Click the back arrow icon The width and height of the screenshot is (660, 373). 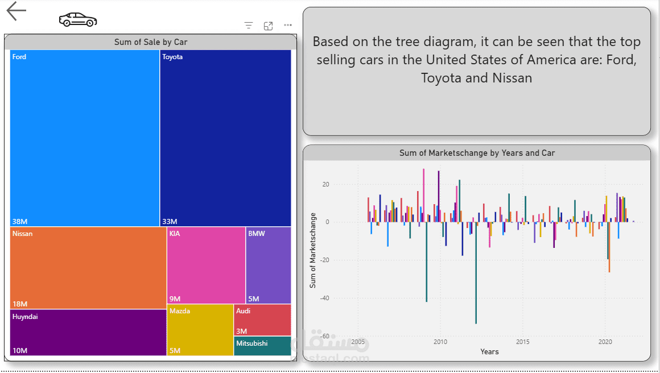click(16, 11)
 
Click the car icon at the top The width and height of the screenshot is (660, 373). click(77, 20)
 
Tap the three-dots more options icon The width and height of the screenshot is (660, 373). click(288, 26)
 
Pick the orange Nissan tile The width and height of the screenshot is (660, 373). click(88, 268)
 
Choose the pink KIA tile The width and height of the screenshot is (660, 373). click(206, 265)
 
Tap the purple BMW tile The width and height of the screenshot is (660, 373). click(269, 265)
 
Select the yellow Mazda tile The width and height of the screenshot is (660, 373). click(200, 330)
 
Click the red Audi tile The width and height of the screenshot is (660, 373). click(262, 320)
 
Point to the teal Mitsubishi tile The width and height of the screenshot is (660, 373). click(262, 346)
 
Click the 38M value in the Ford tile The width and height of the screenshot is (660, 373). click(20, 221)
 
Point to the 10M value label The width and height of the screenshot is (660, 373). click(20, 350)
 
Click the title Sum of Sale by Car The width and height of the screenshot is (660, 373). click(151, 42)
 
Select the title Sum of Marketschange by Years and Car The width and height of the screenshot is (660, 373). click(477, 153)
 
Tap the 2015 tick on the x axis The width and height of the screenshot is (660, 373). click(522, 342)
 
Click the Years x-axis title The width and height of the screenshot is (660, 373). click(489, 351)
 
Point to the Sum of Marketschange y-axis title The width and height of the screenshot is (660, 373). click(313, 250)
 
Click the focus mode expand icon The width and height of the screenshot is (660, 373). click(269, 26)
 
